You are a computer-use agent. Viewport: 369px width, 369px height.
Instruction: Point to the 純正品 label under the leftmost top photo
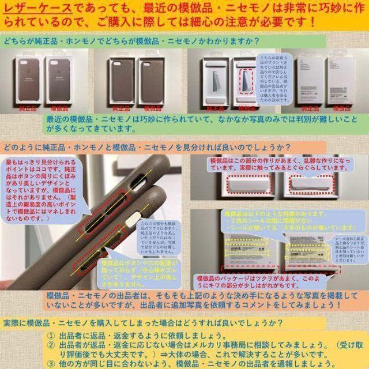pos(27,108)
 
